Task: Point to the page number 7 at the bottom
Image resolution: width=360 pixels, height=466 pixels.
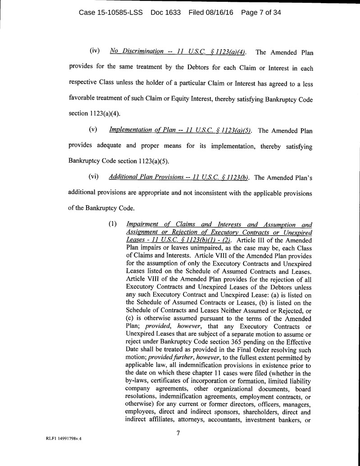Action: tap(178, 434)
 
